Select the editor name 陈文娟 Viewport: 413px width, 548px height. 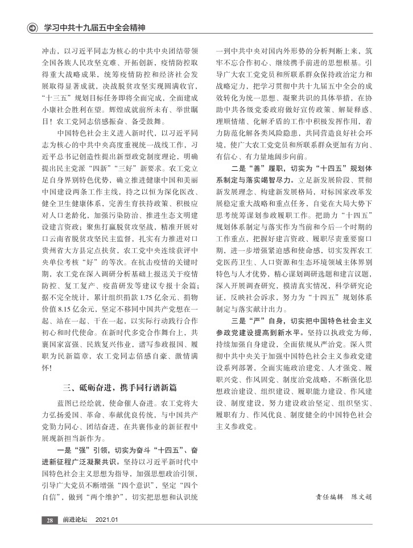coord(361,496)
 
